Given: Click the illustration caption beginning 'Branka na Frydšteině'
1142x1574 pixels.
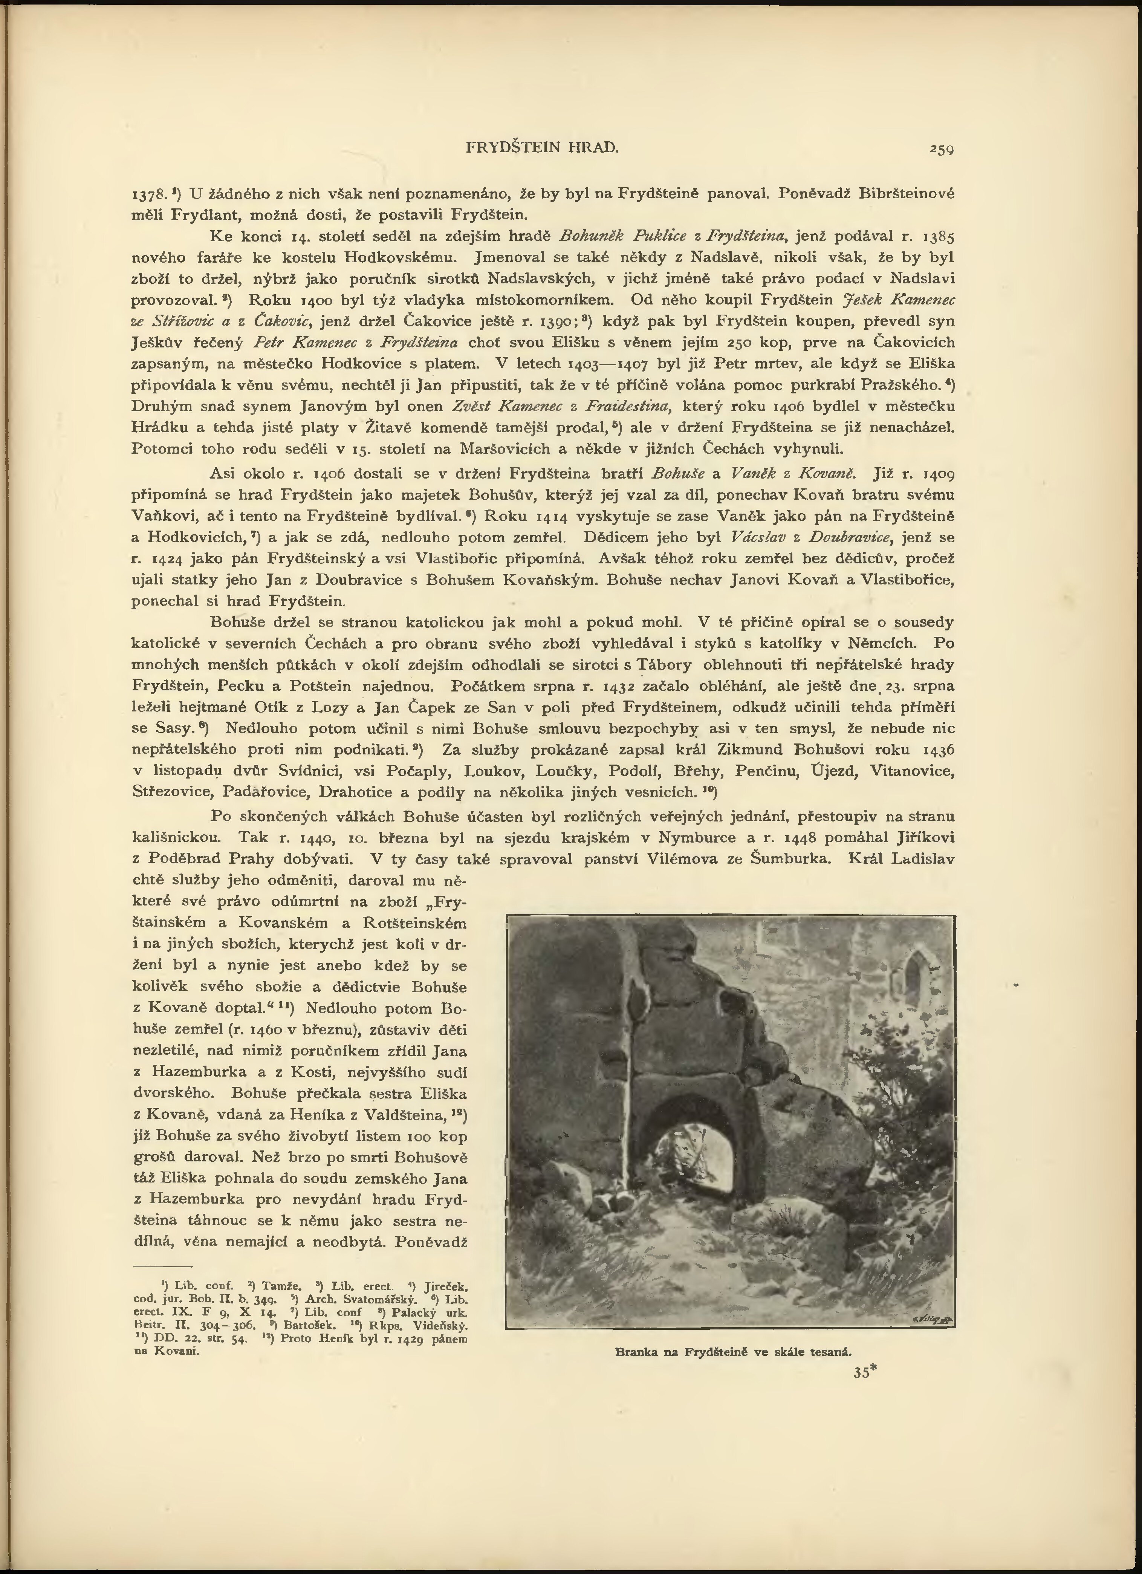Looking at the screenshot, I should (x=733, y=1352).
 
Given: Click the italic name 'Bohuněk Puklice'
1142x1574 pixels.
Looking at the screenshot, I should (x=615, y=236).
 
